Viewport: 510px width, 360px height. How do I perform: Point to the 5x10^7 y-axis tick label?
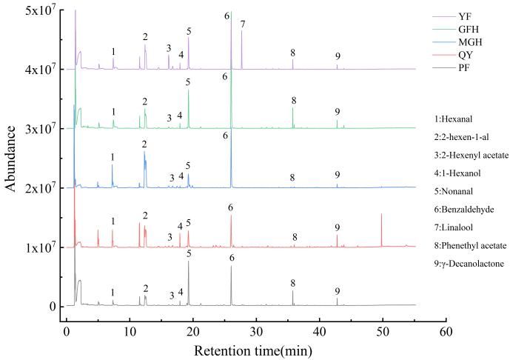(x=33, y=10)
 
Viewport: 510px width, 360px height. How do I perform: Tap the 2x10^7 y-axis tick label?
(x=33, y=188)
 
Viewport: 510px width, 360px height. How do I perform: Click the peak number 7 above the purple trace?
(x=242, y=24)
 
